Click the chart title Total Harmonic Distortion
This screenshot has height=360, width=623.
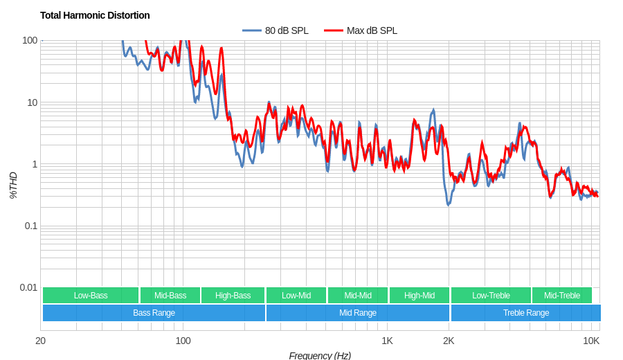95,15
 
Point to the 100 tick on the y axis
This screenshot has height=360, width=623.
30,40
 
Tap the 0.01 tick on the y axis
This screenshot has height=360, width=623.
28,287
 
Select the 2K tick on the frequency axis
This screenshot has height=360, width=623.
449,340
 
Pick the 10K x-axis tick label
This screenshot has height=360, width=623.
591,340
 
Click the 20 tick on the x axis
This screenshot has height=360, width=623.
41,340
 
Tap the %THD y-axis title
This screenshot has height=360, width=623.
13,186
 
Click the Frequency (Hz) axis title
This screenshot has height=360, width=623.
320,355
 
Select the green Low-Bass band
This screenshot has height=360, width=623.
91,296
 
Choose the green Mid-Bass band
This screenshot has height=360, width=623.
170,296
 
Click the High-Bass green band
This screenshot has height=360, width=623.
233,296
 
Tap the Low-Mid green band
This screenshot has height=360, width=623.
296,296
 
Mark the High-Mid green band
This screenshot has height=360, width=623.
419,296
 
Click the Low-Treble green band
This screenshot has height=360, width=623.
491,296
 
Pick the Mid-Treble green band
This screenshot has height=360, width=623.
562,296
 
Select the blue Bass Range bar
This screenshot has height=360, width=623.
154,313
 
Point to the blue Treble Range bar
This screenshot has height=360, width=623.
526,313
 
